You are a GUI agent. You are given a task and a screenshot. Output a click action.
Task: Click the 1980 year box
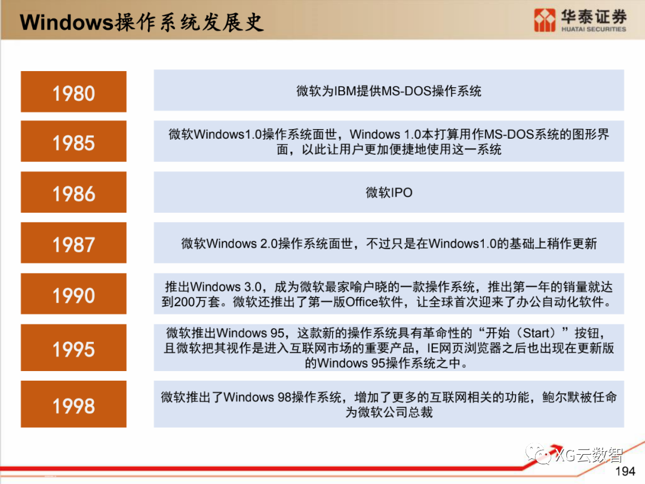pyautogui.click(x=73, y=92)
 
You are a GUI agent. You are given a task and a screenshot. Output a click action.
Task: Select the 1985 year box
pyautogui.click(x=73, y=142)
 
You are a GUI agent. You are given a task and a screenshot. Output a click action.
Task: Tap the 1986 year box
pyautogui.click(x=73, y=192)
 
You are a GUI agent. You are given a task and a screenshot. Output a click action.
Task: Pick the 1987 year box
pyautogui.click(x=73, y=243)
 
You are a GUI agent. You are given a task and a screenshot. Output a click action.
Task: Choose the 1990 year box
pyautogui.click(x=73, y=294)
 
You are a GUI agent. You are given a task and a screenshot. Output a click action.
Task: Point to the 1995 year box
pyautogui.click(x=73, y=348)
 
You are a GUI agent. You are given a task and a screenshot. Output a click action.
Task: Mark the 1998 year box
pyautogui.click(x=73, y=405)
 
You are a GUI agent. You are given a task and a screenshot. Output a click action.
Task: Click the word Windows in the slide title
pyautogui.click(x=66, y=22)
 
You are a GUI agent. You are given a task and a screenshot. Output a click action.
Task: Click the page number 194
pyautogui.click(x=625, y=471)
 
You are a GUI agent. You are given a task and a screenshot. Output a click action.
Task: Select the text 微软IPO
pyautogui.click(x=389, y=192)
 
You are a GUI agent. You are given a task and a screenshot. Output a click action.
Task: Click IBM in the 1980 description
pyautogui.click(x=345, y=91)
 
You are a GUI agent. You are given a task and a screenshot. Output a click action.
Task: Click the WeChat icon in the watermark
pyautogui.click(x=543, y=456)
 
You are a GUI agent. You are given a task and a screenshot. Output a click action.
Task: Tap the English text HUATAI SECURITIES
pyautogui.click(x=593, y=29)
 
